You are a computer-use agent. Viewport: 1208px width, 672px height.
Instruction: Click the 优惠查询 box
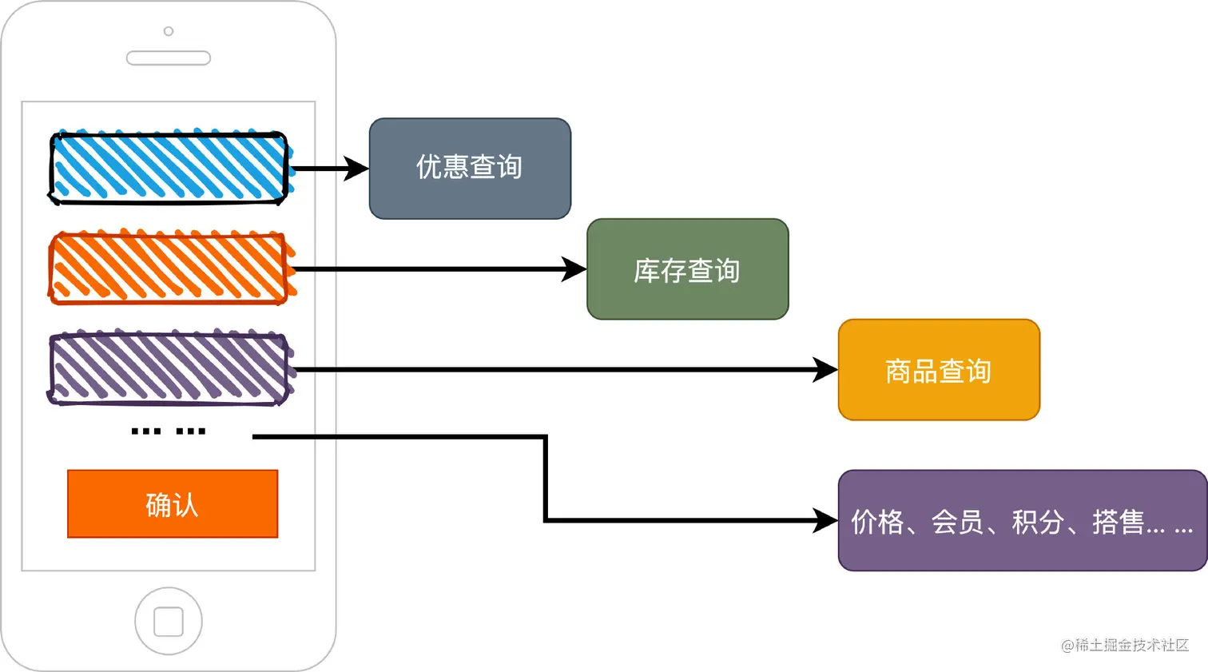click(470, 169)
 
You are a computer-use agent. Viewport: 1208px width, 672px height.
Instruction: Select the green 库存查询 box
click(687, 269)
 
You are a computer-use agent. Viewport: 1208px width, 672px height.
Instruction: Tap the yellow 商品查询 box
click(939, 370)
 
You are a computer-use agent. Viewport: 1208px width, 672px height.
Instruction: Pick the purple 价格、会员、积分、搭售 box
click(1022, 520)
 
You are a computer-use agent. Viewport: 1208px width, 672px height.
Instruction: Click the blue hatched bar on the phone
click(169, 168)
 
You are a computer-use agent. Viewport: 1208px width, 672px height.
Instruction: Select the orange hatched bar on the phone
click(169, 268)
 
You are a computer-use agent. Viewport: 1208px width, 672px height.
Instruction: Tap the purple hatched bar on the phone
click(169, 369)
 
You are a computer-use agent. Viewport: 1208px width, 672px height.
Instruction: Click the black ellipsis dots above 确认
click(169, 431)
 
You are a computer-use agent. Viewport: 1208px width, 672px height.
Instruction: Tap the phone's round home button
click(169, 621)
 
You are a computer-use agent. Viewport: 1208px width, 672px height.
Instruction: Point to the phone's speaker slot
click(169, 58)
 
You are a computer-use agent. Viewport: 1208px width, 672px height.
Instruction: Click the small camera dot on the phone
click(169, 31)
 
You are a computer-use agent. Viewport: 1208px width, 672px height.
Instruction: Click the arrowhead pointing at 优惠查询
click(356, 169)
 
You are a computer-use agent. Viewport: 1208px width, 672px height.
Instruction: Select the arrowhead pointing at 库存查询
click(574, 269)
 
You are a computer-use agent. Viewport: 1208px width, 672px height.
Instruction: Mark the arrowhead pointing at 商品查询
click(825, 370)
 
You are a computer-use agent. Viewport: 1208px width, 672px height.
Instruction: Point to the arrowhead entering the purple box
click(825, 520)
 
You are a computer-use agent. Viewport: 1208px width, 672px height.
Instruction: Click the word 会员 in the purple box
click(957, 523)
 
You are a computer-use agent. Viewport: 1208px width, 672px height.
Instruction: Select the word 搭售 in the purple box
click(1118, 523)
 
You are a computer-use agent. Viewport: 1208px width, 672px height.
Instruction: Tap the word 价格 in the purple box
click(877, 523)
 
